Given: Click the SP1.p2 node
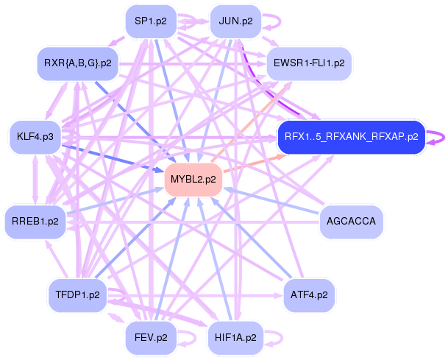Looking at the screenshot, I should [151, 21].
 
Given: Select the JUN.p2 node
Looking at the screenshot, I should [235, 21].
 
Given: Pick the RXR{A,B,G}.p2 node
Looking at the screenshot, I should [77, 63].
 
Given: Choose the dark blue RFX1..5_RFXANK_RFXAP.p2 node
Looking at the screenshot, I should [351, 137].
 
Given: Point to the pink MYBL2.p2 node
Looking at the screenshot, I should [193, 180].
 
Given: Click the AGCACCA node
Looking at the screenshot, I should [350, 221].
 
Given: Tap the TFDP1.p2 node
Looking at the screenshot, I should [77, 295].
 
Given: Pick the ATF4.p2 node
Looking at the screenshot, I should [309, 295].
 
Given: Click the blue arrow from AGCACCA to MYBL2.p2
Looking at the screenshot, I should [272, 201].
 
